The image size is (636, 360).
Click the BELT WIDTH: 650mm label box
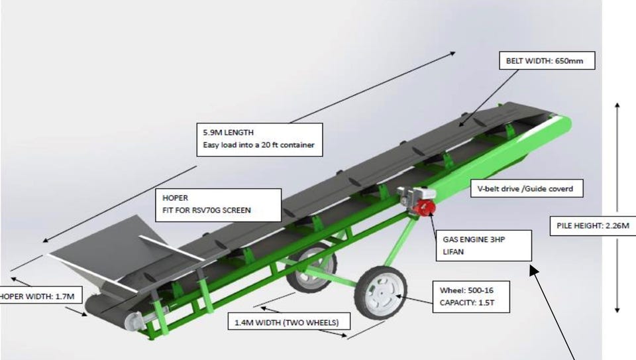point(547,60)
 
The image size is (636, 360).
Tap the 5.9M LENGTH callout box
point(260,140)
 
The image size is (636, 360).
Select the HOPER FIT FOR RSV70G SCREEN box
point(218,205)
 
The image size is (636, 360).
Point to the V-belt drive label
point(527,188)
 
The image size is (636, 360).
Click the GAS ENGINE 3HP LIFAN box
point(484,245)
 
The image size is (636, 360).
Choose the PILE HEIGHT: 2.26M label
point(592,225)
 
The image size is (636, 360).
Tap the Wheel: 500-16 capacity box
point(471,297)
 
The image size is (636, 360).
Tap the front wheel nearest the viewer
point(380,292)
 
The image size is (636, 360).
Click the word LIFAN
point(453,252)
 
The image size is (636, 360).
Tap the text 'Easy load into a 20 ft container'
point(258,145)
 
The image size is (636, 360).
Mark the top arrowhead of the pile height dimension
point(617,105)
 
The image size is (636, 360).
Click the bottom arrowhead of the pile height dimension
point(617,309)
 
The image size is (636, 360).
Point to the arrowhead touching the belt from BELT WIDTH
point(461,123)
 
